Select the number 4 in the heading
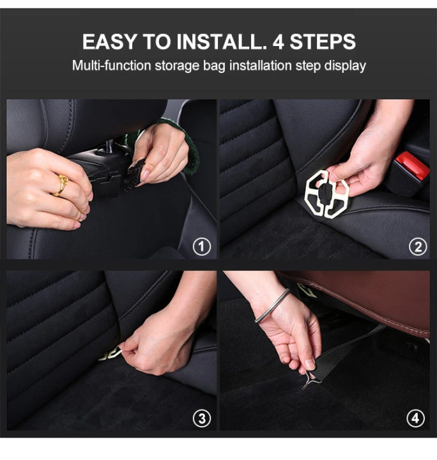click(x=279, y=42)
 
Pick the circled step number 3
click(x=202, y=419)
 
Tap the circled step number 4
click(x=417, y=419)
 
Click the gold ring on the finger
click(x=61, y=185)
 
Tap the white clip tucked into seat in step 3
click(x=110, y=353)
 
